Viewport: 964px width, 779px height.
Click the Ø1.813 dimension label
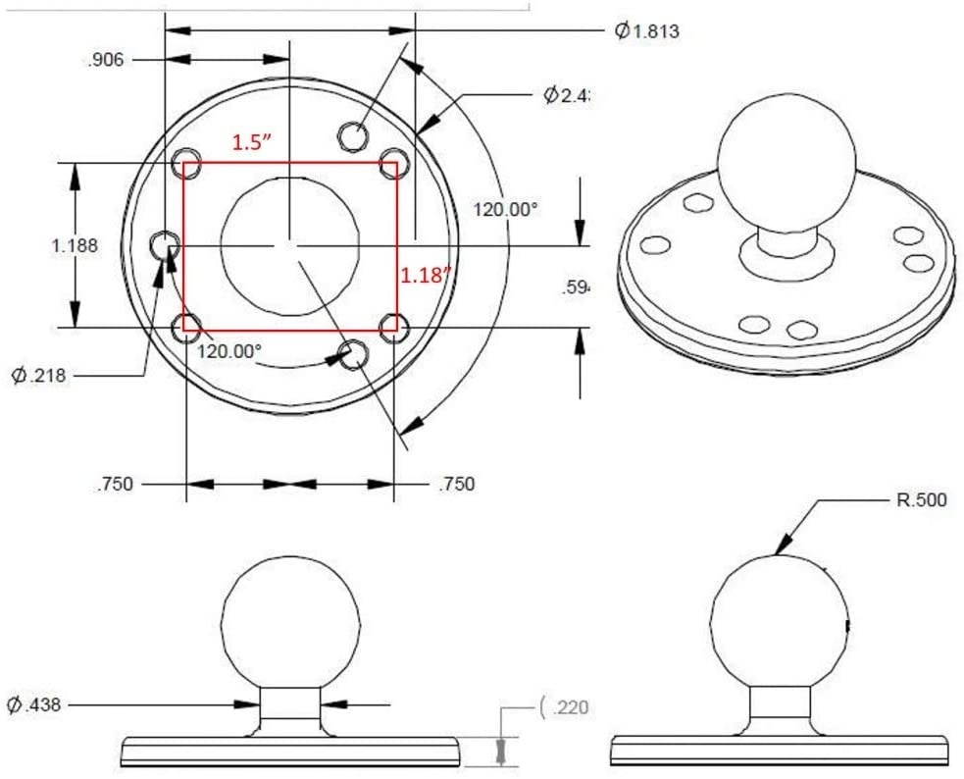pyautogui.click(x=647, y=30)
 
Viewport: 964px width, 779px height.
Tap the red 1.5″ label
pyautogui.click(x=251, y=142)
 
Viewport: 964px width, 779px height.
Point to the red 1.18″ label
pyautogui.click(x=425, y=275)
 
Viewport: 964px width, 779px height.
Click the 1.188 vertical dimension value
pyautogui.click(x=75, y=245)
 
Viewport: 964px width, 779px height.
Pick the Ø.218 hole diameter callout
pyautogui.click(x=38, y=375)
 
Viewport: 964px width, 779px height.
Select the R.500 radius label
pyautogui.click(x=922, y=500)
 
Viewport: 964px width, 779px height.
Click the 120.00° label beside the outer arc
pyautogui.click(x=506, y=209)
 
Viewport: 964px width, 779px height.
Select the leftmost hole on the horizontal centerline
pyautogui.click(x=163, y=243)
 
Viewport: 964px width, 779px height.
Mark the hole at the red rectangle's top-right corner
pyautogui.click(x=393, y=161)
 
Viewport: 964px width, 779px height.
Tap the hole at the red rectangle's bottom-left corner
pyautogui.click(x=186, y=327)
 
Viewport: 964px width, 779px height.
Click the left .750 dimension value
pyautogui.click(x=116, y=484)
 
